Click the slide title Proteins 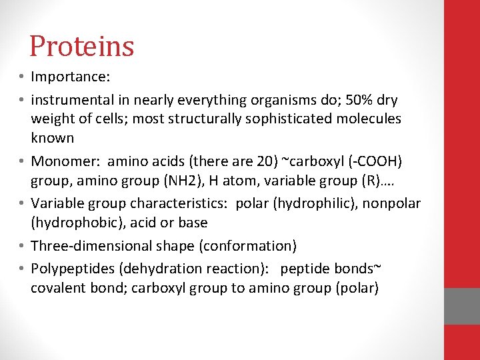tap(82, 47)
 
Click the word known tap(52, 138)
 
